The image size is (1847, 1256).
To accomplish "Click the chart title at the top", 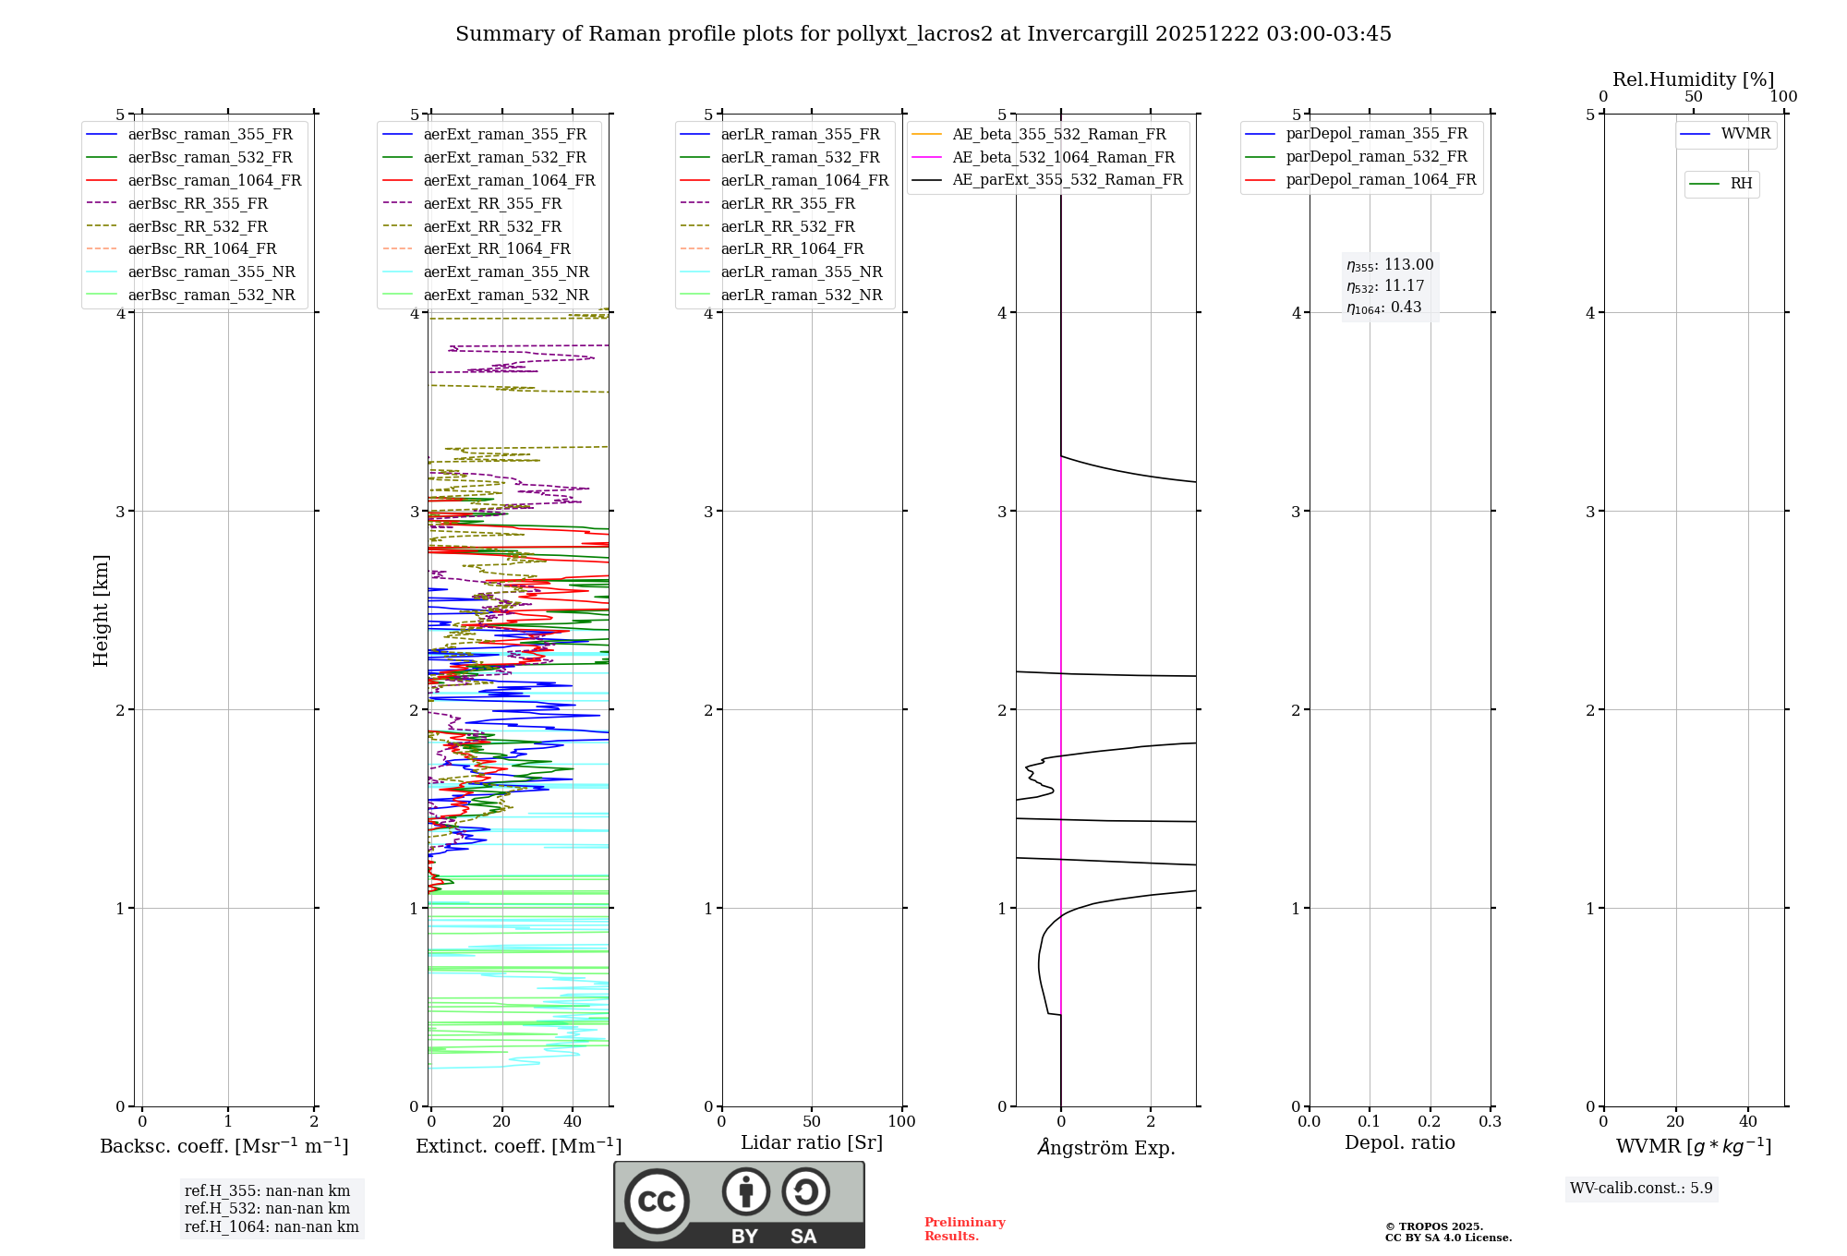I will click(923, 34).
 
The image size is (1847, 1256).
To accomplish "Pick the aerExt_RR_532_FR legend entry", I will click(491, 226).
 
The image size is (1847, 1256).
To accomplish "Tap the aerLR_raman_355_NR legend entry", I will click(801, 272).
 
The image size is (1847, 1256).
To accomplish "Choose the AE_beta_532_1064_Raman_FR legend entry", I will click(1063, 157).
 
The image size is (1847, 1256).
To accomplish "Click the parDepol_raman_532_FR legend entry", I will click(1376, 156).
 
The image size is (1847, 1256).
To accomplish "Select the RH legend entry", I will click(1741, 184).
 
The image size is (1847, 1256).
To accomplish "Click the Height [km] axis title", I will click(101, 610).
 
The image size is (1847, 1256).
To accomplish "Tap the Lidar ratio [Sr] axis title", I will click(811, 1142).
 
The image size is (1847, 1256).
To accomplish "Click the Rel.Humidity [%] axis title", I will click(1693, 79).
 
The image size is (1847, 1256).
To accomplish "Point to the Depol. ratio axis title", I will click(1399, 1142).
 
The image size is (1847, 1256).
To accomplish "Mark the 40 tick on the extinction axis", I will click(573, 1122).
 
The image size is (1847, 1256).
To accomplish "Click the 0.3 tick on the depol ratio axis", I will click(1490, 1122).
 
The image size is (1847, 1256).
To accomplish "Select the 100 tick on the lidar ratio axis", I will click(901, 1122).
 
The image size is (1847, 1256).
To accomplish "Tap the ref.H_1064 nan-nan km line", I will click(272, 1226).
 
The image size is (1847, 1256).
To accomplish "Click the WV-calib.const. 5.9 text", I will click(1641, 1188).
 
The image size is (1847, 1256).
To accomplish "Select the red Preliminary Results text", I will click(964, 1228).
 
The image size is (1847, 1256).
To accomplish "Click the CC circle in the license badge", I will click(657, 1201).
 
